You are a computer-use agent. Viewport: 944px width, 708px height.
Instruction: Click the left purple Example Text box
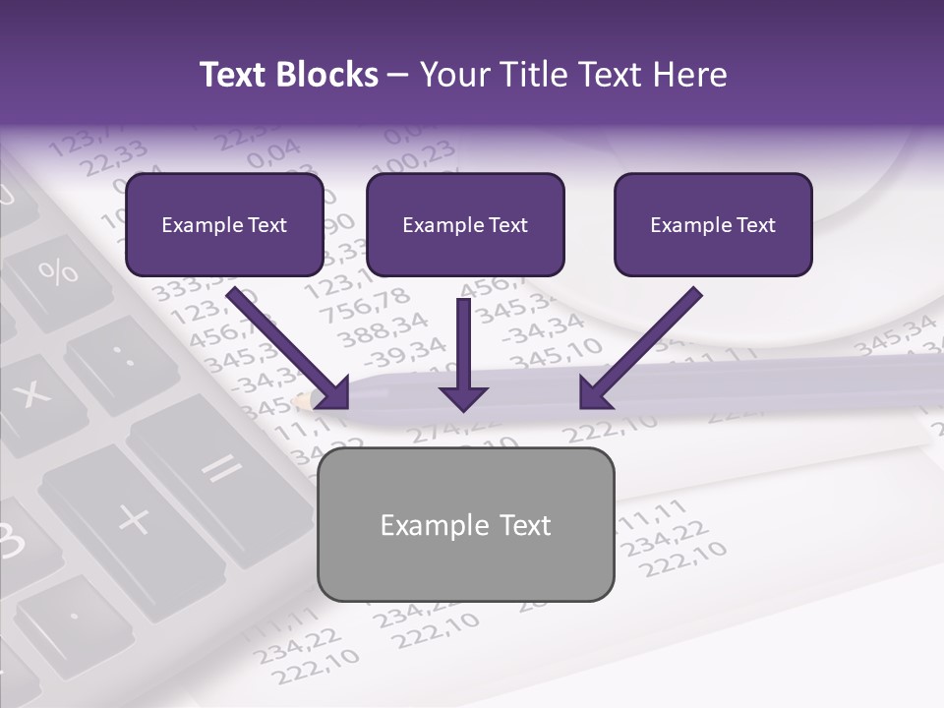[x=224, y=225]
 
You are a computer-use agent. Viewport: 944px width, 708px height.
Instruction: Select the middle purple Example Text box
[x=465, y=225]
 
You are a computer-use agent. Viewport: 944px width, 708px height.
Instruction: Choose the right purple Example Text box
[x=713, y=225]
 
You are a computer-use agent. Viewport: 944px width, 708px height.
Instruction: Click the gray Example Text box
[x=465, y=525]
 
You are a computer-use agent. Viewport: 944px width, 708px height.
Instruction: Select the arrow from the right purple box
[x=639, y=349]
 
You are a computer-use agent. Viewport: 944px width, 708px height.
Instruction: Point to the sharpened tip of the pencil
[x=299, y=401]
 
